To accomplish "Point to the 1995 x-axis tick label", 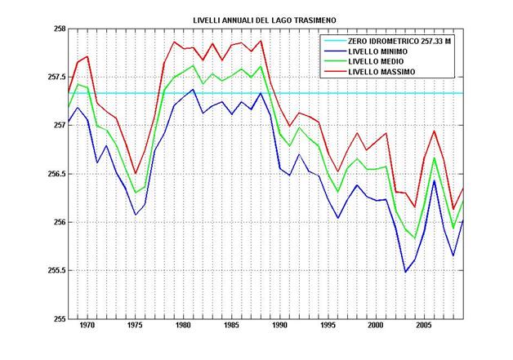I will (328, 327).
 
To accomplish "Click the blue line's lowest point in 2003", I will (405, 272).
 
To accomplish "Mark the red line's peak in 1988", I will (261, 41).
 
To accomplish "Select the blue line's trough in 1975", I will (135, 215).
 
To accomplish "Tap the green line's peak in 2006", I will (435, 158).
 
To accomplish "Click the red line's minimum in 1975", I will (135, 174).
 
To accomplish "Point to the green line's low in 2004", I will (415, 238).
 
